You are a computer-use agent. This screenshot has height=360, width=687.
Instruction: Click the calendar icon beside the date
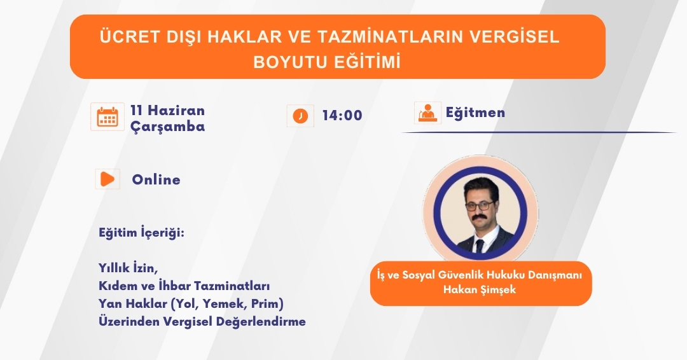[x=108, y=117]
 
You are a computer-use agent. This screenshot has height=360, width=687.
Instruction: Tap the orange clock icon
[x=300, y=116]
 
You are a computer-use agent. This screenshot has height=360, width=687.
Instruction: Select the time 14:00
[x=342, y=116]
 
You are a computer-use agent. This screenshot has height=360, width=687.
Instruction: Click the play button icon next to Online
[x=108, y=179]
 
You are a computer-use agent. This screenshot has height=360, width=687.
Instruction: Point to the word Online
[x=156, y=179]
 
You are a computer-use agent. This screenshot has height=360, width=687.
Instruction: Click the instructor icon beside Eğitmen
[x=427, y=113]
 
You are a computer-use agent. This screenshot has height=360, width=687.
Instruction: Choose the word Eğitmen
[x=475, y=113]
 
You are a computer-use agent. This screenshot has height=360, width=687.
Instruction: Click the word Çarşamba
[x=168, y=127]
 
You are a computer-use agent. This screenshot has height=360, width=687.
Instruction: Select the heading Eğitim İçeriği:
[x=141, y=233]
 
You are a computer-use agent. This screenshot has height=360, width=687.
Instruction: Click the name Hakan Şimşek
[x=480, y=289]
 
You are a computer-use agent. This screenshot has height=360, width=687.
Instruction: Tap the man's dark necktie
[x=480, y=246]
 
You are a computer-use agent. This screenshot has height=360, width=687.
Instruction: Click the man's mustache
[x=481, y=218]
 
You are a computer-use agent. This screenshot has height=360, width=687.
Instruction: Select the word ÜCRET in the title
[x=130, y=37]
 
